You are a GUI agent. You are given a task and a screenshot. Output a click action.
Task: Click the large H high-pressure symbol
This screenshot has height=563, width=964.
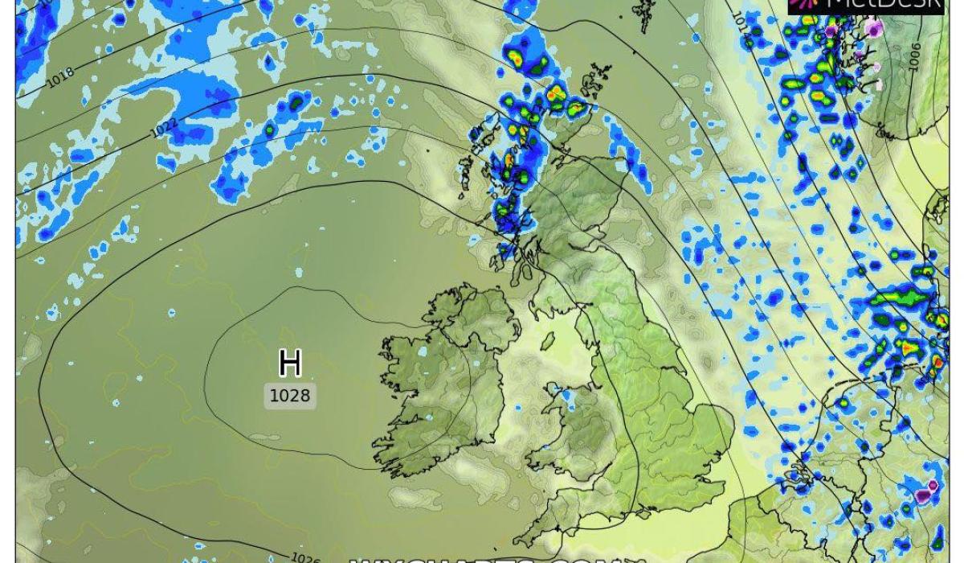click(x=289, y=364)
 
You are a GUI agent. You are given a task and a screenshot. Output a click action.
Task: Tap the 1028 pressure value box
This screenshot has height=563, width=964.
click(x=290, y=395)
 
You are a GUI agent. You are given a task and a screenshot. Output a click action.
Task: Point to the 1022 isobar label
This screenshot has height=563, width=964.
click(x=164, y=126)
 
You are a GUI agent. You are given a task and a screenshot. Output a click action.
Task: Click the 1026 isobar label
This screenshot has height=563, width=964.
click(x=305, y=557)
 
